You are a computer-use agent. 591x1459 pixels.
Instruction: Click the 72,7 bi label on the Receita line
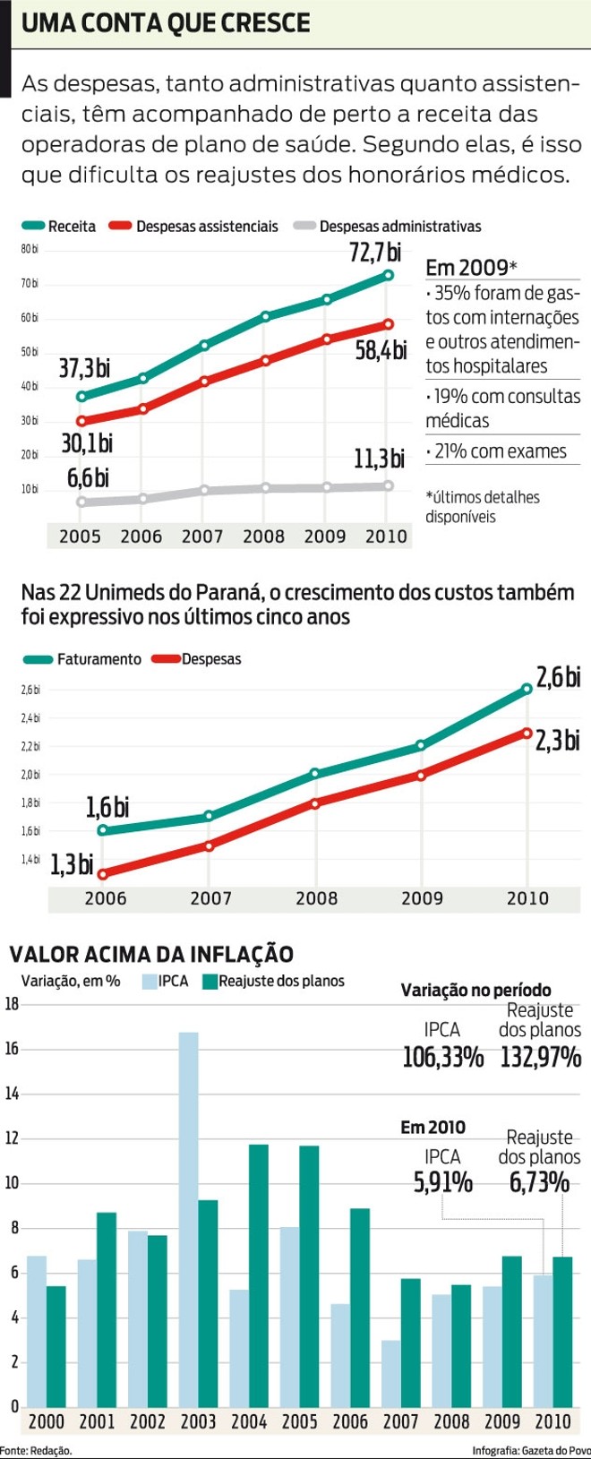tap(375, 253)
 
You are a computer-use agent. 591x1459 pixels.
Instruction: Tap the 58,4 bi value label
tap(381, 350)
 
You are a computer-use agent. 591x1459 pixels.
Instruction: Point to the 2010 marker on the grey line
tap(388, 485)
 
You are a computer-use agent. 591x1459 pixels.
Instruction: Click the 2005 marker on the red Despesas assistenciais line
tap(81, 421)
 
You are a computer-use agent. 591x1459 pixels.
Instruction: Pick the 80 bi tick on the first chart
tap(30, 249)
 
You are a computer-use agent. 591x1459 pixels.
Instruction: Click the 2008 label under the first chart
tap(263, 536)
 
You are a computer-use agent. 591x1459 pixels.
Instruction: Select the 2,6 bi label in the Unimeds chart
tap(558, 677)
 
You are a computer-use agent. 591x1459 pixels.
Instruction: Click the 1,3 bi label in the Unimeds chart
tap(72, 864)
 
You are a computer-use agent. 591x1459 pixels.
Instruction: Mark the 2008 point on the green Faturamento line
tap(315, 773)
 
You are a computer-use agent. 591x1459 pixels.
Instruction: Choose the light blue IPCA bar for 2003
tap(188, 1218)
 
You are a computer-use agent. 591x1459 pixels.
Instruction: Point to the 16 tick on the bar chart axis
tap(12, 1049)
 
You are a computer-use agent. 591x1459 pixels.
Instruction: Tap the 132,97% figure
tap(540, 1058)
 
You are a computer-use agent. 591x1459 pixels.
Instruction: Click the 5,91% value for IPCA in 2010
tap(442, 1183)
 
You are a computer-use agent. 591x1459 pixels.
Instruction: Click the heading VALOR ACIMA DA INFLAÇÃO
tap(150, 955)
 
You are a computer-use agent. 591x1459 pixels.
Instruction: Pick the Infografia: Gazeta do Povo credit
tap(531, 1451)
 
